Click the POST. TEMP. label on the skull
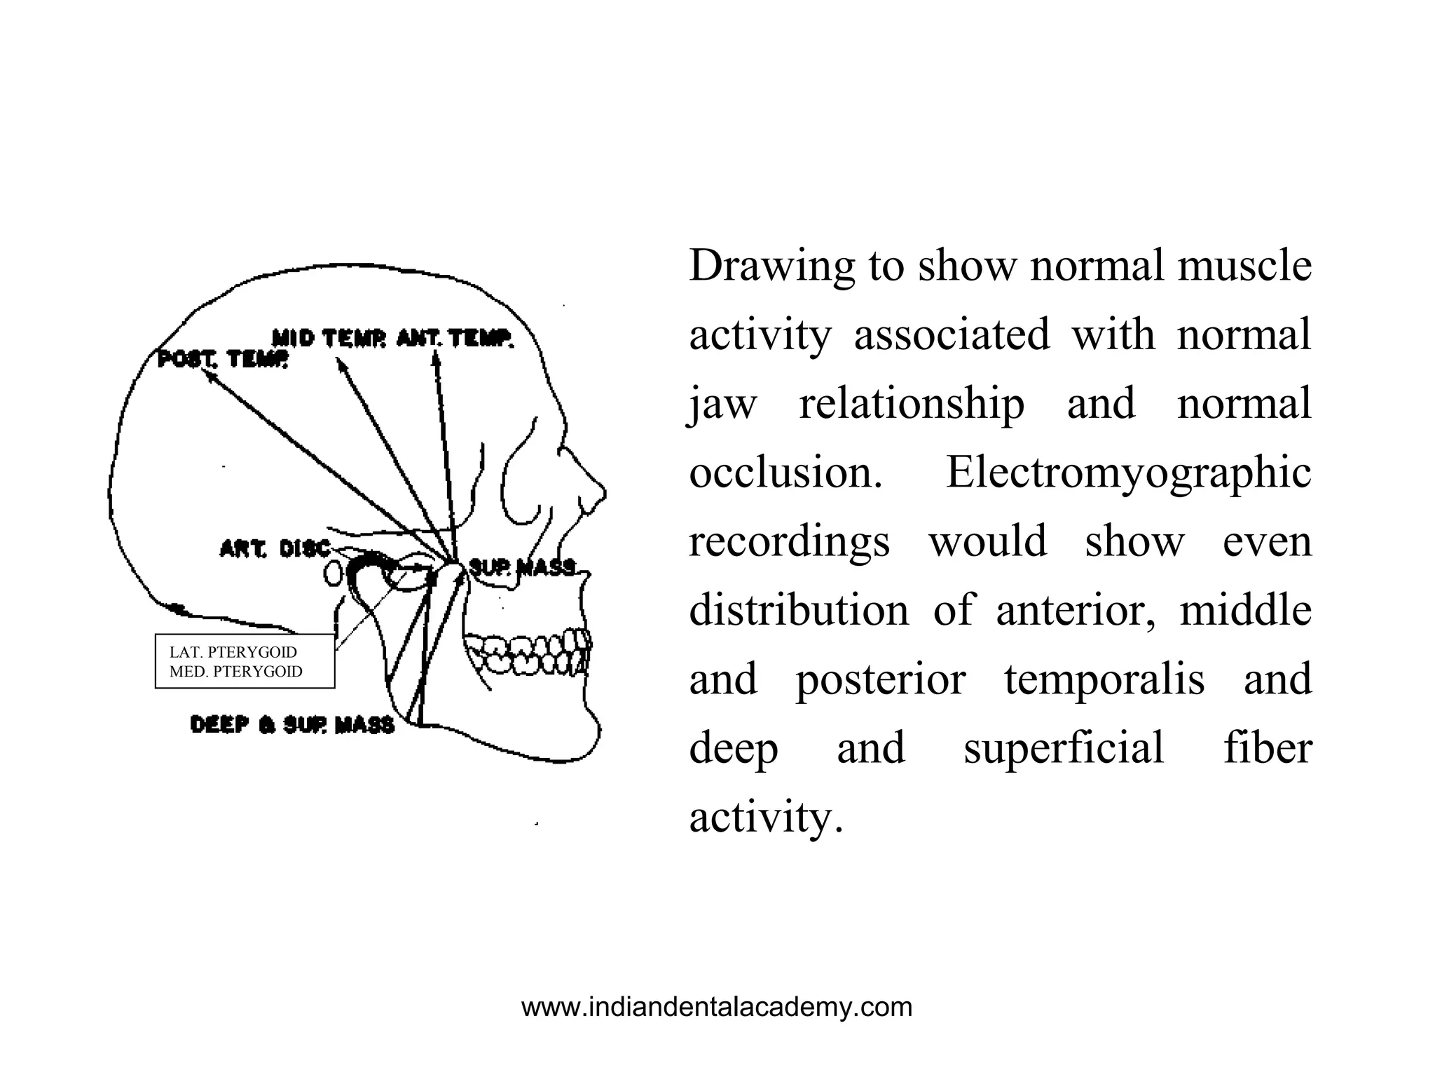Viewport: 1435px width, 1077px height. coord(223,360)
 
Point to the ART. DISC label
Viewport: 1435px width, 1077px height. coord(275,548)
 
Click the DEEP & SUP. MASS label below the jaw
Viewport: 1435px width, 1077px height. coord(292,724)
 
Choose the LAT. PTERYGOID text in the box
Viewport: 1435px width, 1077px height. coord(233,652)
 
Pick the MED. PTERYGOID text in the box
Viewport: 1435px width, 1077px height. coord(236,671)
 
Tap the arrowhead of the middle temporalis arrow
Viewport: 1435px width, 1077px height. coord(339,363)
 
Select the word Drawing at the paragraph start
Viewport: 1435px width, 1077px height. coord(771,266)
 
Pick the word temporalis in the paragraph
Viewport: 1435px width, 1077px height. coord(1104,679)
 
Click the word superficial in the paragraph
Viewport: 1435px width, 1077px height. coord(1064,747)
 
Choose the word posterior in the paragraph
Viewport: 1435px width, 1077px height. coord(881,679)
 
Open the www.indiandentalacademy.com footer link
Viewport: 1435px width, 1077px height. coord(717,1007)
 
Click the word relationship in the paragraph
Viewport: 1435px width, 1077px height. coord(912,404)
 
